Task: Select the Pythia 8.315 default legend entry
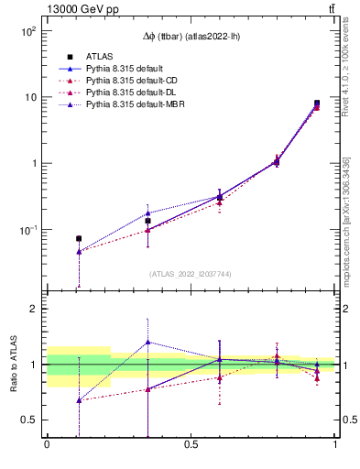[124, 69]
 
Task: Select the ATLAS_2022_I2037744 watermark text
[191, 274]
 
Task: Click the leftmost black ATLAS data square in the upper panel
[79, 238]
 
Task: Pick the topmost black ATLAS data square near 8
[317, 104]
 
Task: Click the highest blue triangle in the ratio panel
[148, 343]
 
